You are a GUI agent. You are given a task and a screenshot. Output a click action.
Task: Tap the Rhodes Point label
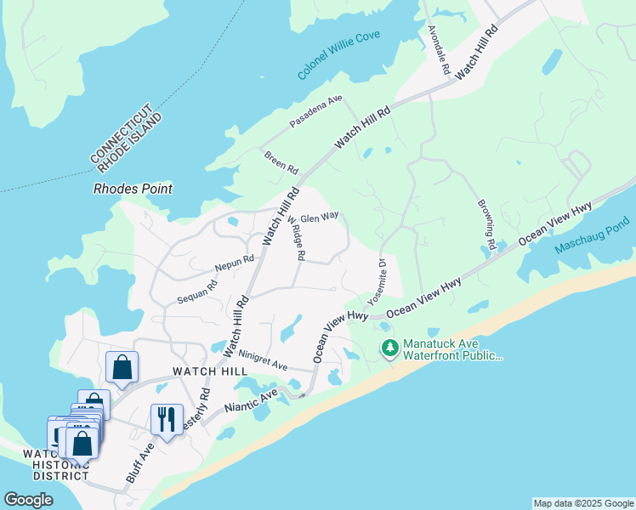click(133, 189)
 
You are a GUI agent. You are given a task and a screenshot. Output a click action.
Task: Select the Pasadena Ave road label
click(315, 112)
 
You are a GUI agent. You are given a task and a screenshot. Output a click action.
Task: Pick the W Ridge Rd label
click(297, 240)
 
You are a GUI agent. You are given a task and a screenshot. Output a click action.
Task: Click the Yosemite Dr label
click(376, 282)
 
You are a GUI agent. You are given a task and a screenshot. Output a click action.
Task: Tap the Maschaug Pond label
click(593, 237)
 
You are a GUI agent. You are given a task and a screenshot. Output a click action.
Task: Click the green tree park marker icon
click(390, 347)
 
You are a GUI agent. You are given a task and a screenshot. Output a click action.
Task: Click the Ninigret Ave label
click(263, 360)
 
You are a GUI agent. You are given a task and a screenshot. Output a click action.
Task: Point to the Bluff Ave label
click(139, 462)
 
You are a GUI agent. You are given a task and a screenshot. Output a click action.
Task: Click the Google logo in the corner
click(28, 500)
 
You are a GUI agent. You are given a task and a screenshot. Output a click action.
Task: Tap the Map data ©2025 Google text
click(582, 503)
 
